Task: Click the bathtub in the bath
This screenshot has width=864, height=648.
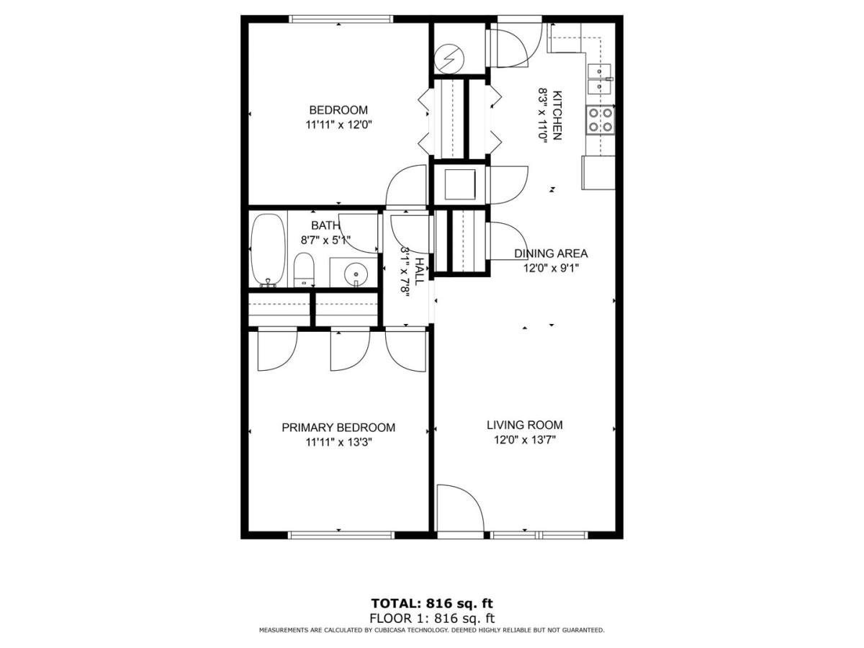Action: pyautogui.click(x=267, y=251)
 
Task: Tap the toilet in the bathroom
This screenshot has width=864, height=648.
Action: pyautogui.click(x=304, y=269)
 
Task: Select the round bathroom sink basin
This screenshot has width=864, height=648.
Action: pyautogui.click(x=356, y=274)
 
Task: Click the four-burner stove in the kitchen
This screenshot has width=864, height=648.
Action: pyautogui.click(x=600, y=120)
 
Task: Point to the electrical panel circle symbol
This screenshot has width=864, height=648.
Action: pyautogui.click(x=449, y=59)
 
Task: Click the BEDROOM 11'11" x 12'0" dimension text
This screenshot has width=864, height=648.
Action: pyautogui.click(x=338, y=125)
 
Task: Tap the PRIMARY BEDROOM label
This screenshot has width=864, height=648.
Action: pyautogui.click(x=338, y=427)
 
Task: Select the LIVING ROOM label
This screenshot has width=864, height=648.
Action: pyautogui.click(x=524, y=425)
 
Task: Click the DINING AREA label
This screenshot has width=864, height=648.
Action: pyautogui.click(x=551, y=253)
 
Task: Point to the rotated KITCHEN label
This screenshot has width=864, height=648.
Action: pyautogui.click(x=557, y=115)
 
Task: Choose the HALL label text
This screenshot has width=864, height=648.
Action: pyautogui.click(x=419, y=271)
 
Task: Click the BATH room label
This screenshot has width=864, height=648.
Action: pyautogui.click(x=325, y=225)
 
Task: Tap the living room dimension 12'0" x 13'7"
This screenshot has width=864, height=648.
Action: pyautogui.click(x=524, y=439)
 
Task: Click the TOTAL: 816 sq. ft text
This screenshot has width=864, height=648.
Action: pyautogui.click(x=432, y=603)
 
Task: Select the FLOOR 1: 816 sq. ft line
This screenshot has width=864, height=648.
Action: pyautogui.click(x=432, y=618)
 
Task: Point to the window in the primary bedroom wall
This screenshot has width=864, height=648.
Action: pyautogui.click(x=341, y=535)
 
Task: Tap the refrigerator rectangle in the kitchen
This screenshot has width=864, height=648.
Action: pyautogui.click(x=598, y=173)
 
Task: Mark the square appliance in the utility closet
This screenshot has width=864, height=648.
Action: pyautogui.click(x=460, y=184)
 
